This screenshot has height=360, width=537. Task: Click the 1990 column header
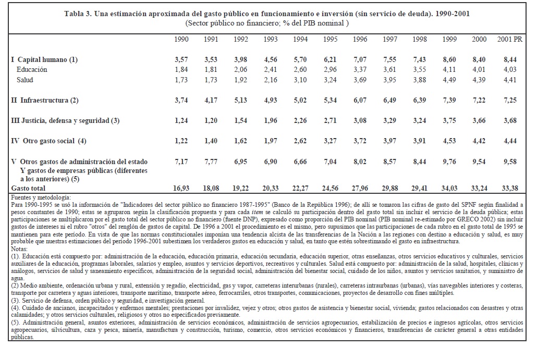[181, 40]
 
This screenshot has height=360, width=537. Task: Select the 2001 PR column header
[508, 40]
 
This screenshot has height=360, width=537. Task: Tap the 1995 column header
[330, 40]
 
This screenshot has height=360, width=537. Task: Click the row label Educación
[32, 69]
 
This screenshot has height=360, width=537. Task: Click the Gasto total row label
[28, 188]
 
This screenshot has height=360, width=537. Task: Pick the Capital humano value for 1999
[449, 60]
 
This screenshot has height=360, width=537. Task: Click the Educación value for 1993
[270, 69]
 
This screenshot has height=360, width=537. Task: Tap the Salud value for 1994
[300, 79]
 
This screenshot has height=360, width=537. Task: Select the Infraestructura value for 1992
[240, 100]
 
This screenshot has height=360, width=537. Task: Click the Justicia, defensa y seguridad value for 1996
[360, 120]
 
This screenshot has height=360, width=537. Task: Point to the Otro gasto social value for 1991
[211, 141]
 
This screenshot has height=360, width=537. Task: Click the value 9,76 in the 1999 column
[449, 162]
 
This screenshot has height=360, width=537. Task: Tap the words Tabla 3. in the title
[78, 14]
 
